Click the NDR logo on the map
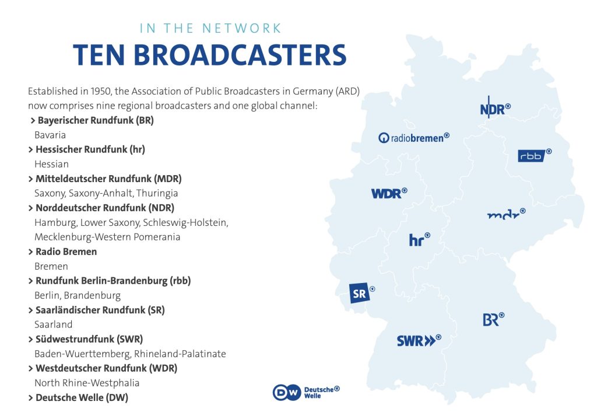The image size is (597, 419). [495, 109]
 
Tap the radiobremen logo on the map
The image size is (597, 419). [414, 138]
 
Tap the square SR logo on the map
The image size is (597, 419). [360, 293]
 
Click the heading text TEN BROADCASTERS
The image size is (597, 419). [209, 55]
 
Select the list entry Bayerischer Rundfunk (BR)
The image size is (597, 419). [95, 121]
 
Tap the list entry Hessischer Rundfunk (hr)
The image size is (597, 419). [90, 149]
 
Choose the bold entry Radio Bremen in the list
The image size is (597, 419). [66, 252]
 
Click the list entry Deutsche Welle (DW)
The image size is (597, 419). [82, 397]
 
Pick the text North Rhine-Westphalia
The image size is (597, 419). [87, 383]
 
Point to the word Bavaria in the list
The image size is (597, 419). [50, 135]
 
